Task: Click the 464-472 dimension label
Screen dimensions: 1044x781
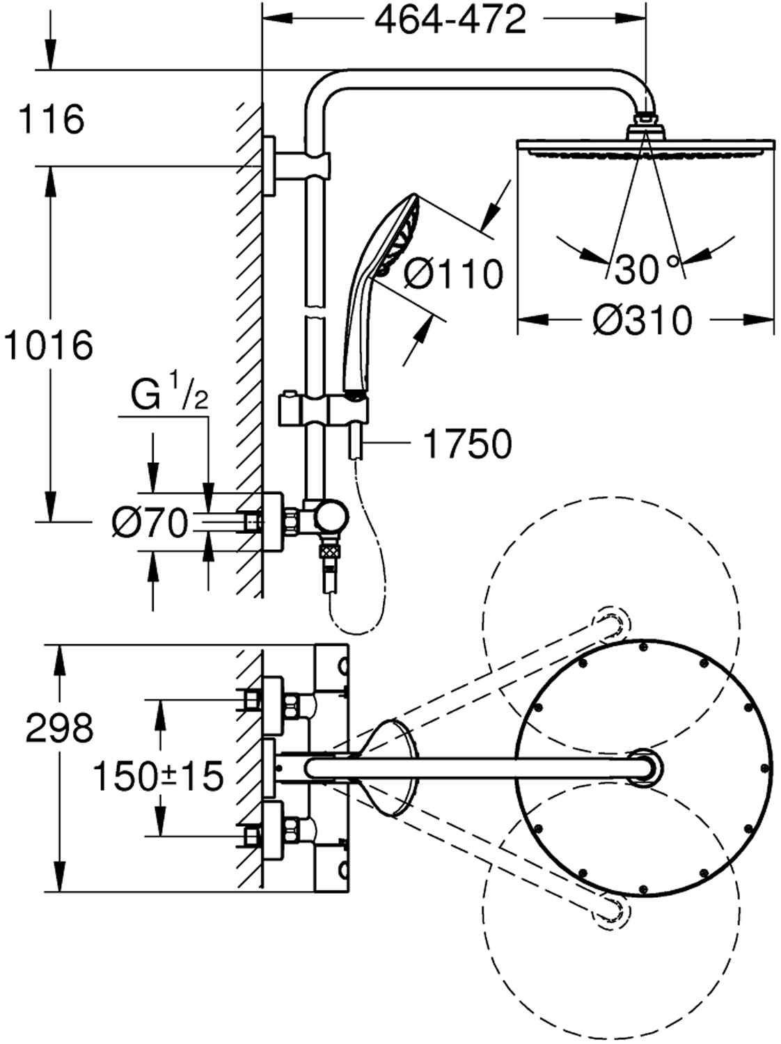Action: [450, 20]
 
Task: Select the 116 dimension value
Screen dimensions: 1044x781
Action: [52, 119]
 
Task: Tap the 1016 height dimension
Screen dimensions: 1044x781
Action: [47, 345]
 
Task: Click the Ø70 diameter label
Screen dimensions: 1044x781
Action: [150, 523]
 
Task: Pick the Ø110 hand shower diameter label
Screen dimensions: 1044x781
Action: [453, 274]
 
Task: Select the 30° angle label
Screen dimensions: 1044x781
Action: [647, 268]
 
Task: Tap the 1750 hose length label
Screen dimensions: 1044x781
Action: [467, 443]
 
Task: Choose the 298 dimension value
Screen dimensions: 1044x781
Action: [59, 729]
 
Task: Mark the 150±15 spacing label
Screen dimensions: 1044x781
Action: [158, 775]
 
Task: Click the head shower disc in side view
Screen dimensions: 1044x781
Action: [645, 147]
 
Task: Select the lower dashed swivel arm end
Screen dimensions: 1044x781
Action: [610, 910]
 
